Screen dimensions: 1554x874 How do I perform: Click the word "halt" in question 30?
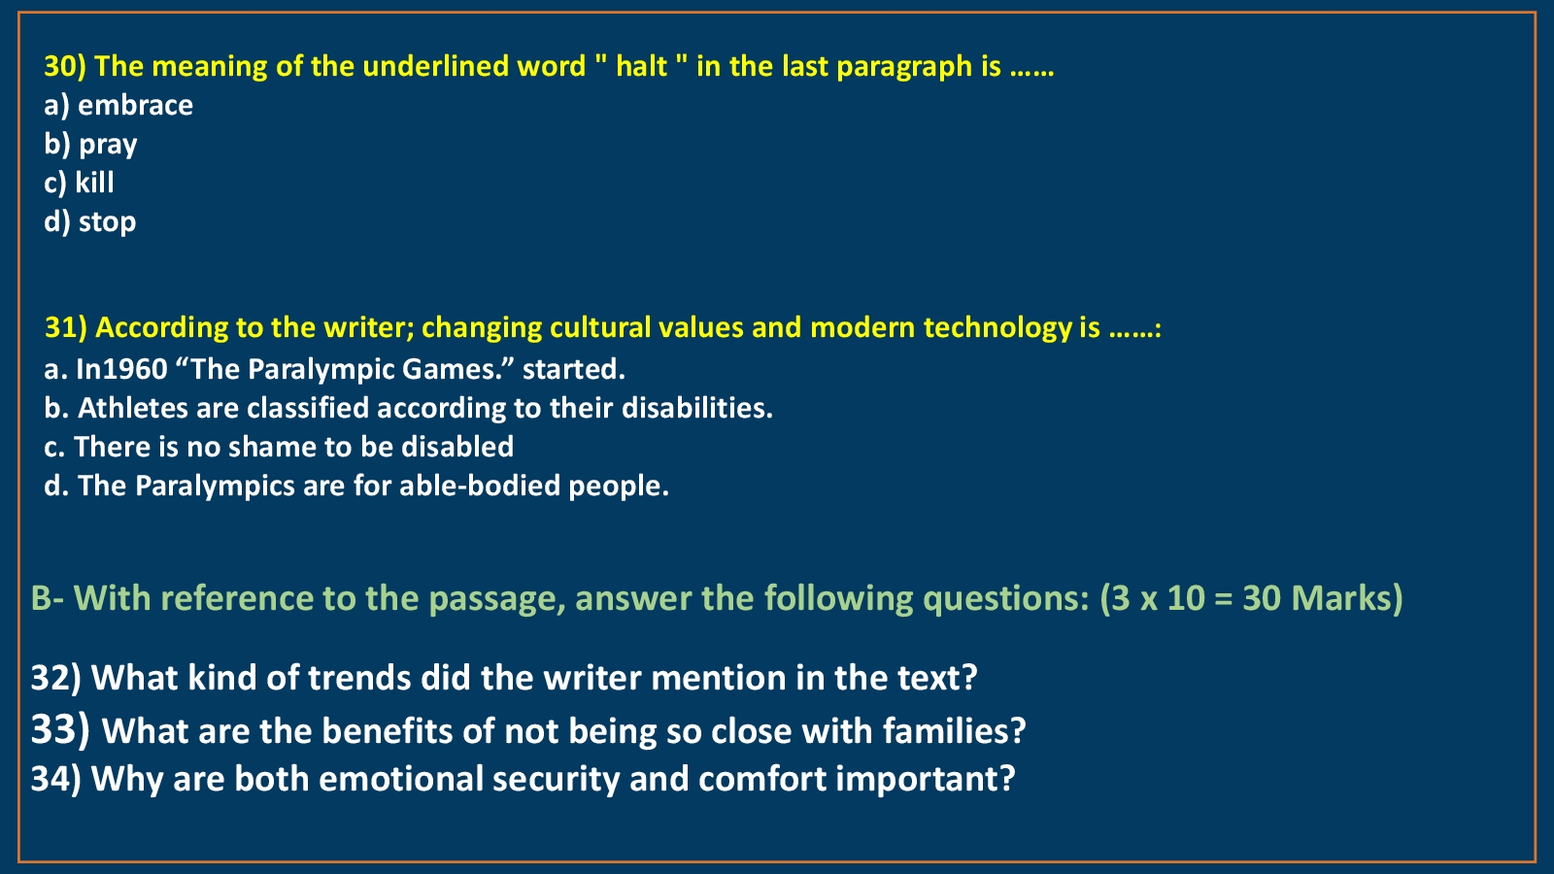click(x=641, y=67)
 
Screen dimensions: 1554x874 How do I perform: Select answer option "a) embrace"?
click(x=118, y=106)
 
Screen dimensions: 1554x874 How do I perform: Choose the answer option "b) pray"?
click(x=91, y=145)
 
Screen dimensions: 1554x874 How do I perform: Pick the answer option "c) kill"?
click(x=79, y=184)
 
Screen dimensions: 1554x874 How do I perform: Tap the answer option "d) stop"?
click(x=90, y=222)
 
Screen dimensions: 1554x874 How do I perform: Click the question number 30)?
click(x=65, y=67)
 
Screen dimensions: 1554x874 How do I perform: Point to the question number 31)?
click(x=67, y=327)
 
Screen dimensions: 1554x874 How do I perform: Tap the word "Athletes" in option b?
click(x=132, y=408)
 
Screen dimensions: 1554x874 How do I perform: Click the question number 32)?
click(x=56, y=678)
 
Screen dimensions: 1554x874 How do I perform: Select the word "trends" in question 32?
click(x=358, y=678)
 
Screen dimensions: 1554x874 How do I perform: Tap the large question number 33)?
click(x=60, y=729)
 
